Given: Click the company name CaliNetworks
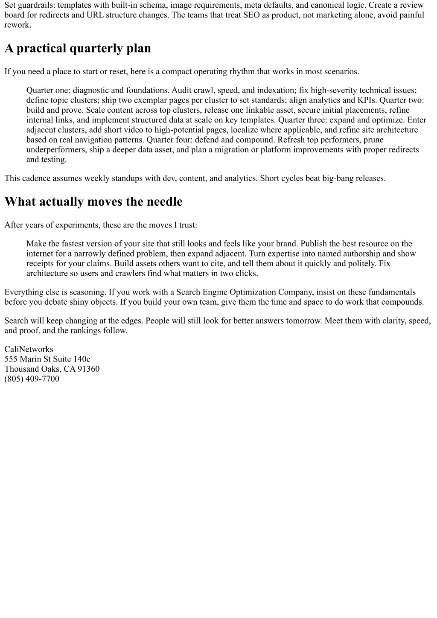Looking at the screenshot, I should point(29,349).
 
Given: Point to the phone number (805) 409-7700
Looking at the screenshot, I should point(32,379).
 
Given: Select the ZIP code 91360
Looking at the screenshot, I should point(88,369).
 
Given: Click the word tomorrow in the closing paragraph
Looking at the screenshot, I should point(302,321).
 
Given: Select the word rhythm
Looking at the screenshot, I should point(242,71).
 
